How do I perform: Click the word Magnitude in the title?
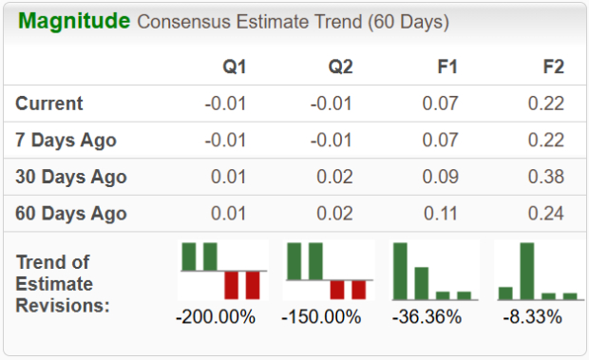pyautogui.click(x=74, y=21)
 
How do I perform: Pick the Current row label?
pyautogui.click(x=49, y=104)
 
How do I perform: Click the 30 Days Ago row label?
pyautogui.click(x=71, y=177)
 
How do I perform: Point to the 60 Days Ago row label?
pyautogui.click(x=71, y=213)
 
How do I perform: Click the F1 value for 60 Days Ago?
pyautogui.click(x=437, y=213)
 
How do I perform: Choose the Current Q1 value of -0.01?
pyautogui.click(x=226, y=104)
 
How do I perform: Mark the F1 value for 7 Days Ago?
pyautogui.click(x=437, y=141)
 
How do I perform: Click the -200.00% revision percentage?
pyautogui.click(x=216, y=316)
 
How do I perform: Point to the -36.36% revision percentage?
pyautogui.click(x=427, y=316)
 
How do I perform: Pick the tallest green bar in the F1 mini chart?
pyautogui.click(x=400, y=272)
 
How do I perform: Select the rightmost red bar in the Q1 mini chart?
pyautogui.click(x=252, y=284)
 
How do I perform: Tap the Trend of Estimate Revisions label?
pyautogui.click(x=63, y=283)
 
